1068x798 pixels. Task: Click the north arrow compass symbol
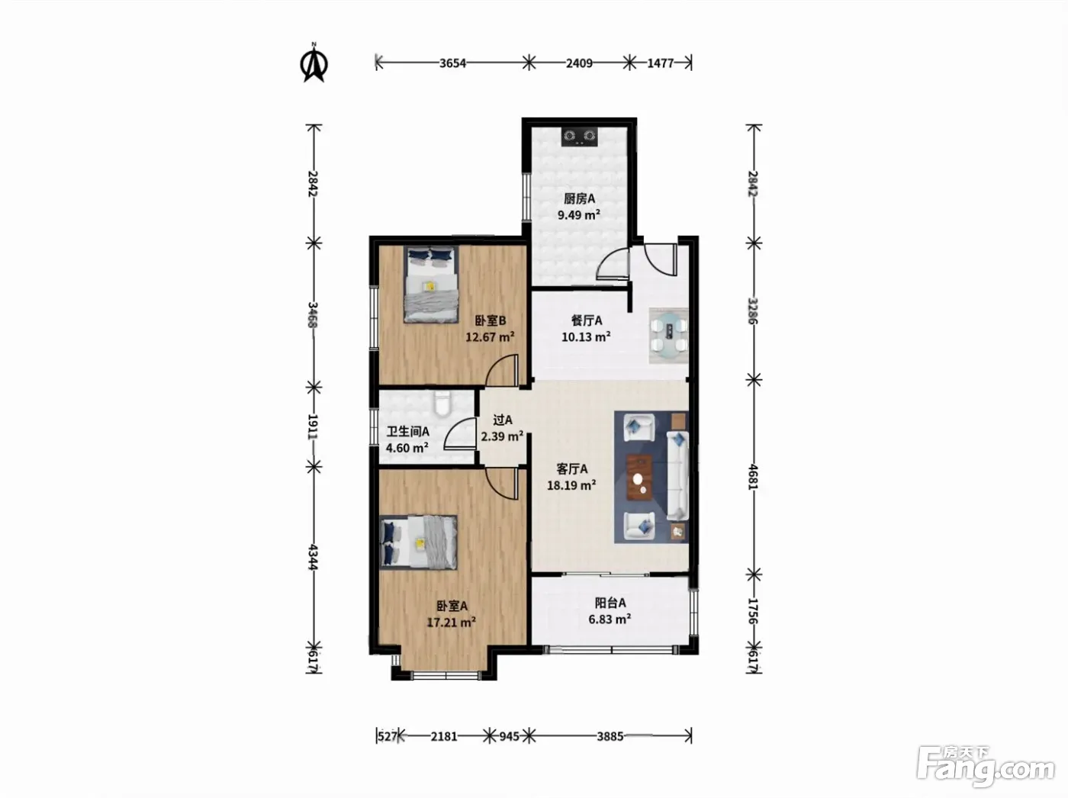click(314, 63)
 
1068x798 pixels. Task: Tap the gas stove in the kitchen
click(580, 137)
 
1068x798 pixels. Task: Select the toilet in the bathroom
click(442, 404)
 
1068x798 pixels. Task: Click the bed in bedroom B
click(431, 284)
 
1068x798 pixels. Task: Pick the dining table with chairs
click(669, 335)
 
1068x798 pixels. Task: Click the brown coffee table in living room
click(639, 478)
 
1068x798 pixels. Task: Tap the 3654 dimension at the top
click(452, 63)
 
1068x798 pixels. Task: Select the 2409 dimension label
click(579, 63)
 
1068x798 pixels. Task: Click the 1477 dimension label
click(661, 63)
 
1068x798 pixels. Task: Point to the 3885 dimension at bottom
click(610, 736)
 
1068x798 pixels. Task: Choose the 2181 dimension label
click(444, 736)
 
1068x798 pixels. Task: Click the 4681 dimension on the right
click(753, 478)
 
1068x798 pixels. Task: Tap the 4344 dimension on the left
click(314, 557)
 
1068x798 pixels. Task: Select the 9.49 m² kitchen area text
click(578, 214)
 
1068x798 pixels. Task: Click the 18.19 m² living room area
click(571, 485)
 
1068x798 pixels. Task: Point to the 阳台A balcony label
click(610, 603)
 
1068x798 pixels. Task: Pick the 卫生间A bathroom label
click(407, 432)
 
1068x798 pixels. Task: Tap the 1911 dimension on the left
click(314, 426)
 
